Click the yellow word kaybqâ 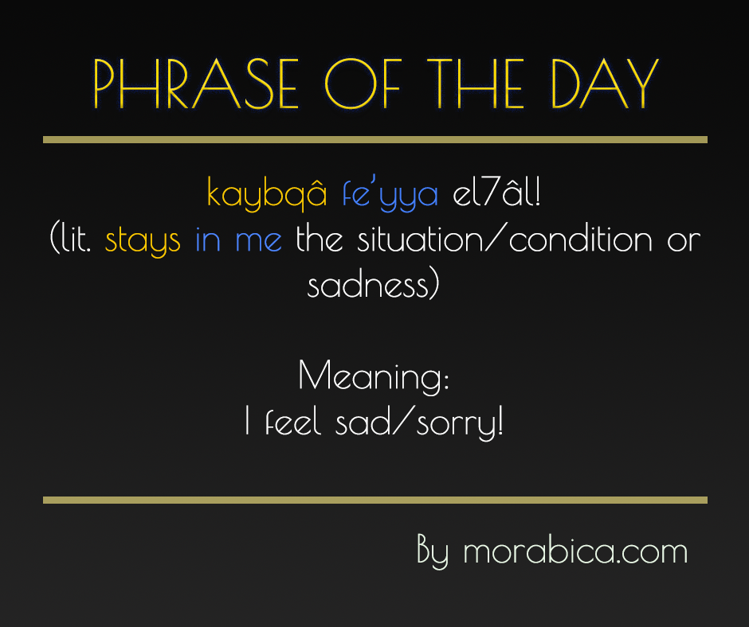(x=267, y=193)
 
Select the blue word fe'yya (x=390, y=193)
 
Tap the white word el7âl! (x=496, y=193)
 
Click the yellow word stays (x=143, y=240)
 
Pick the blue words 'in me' (x=238, y=240)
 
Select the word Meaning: (x=374, y=376)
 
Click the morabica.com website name (x=574, y=551)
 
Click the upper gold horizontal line (x=374, y=140)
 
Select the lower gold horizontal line (x=374, y=500)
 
